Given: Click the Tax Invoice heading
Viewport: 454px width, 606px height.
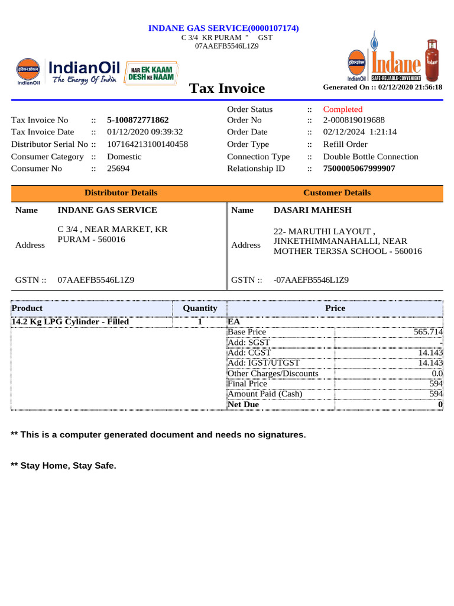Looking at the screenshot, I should tap(227, 89).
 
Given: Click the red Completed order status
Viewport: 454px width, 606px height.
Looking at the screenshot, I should tap(343, 109).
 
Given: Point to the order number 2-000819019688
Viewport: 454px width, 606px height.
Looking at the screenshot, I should tap(354, 120).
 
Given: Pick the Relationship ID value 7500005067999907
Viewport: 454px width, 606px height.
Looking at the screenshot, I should tap(359, 169).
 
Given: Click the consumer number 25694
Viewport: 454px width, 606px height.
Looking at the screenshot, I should tap(118, 169).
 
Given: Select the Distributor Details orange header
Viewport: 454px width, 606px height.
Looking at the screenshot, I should tap(121, 193).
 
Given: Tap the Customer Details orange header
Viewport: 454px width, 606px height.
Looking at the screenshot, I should tap(337, 193).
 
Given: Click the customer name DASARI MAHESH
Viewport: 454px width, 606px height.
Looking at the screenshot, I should tap(313, 210).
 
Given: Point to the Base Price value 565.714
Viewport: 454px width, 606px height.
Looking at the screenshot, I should tap(428, 333).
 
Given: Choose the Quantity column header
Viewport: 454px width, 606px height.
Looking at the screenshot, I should tap(200, 308).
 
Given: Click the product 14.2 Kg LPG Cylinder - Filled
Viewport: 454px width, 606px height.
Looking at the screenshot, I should tap(70, 322).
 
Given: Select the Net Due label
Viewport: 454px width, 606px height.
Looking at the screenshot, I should tap(244, 405).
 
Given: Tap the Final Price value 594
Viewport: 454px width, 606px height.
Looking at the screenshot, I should tap(436, 383).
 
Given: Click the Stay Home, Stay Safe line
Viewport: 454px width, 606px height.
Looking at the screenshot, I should tap(64, 466).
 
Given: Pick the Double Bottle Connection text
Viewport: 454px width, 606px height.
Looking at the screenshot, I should tap(371, 157).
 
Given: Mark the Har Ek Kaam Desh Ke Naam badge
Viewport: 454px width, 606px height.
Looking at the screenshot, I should tap(151, 74).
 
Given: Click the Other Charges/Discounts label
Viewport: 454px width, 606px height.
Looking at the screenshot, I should tap(273, 374).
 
